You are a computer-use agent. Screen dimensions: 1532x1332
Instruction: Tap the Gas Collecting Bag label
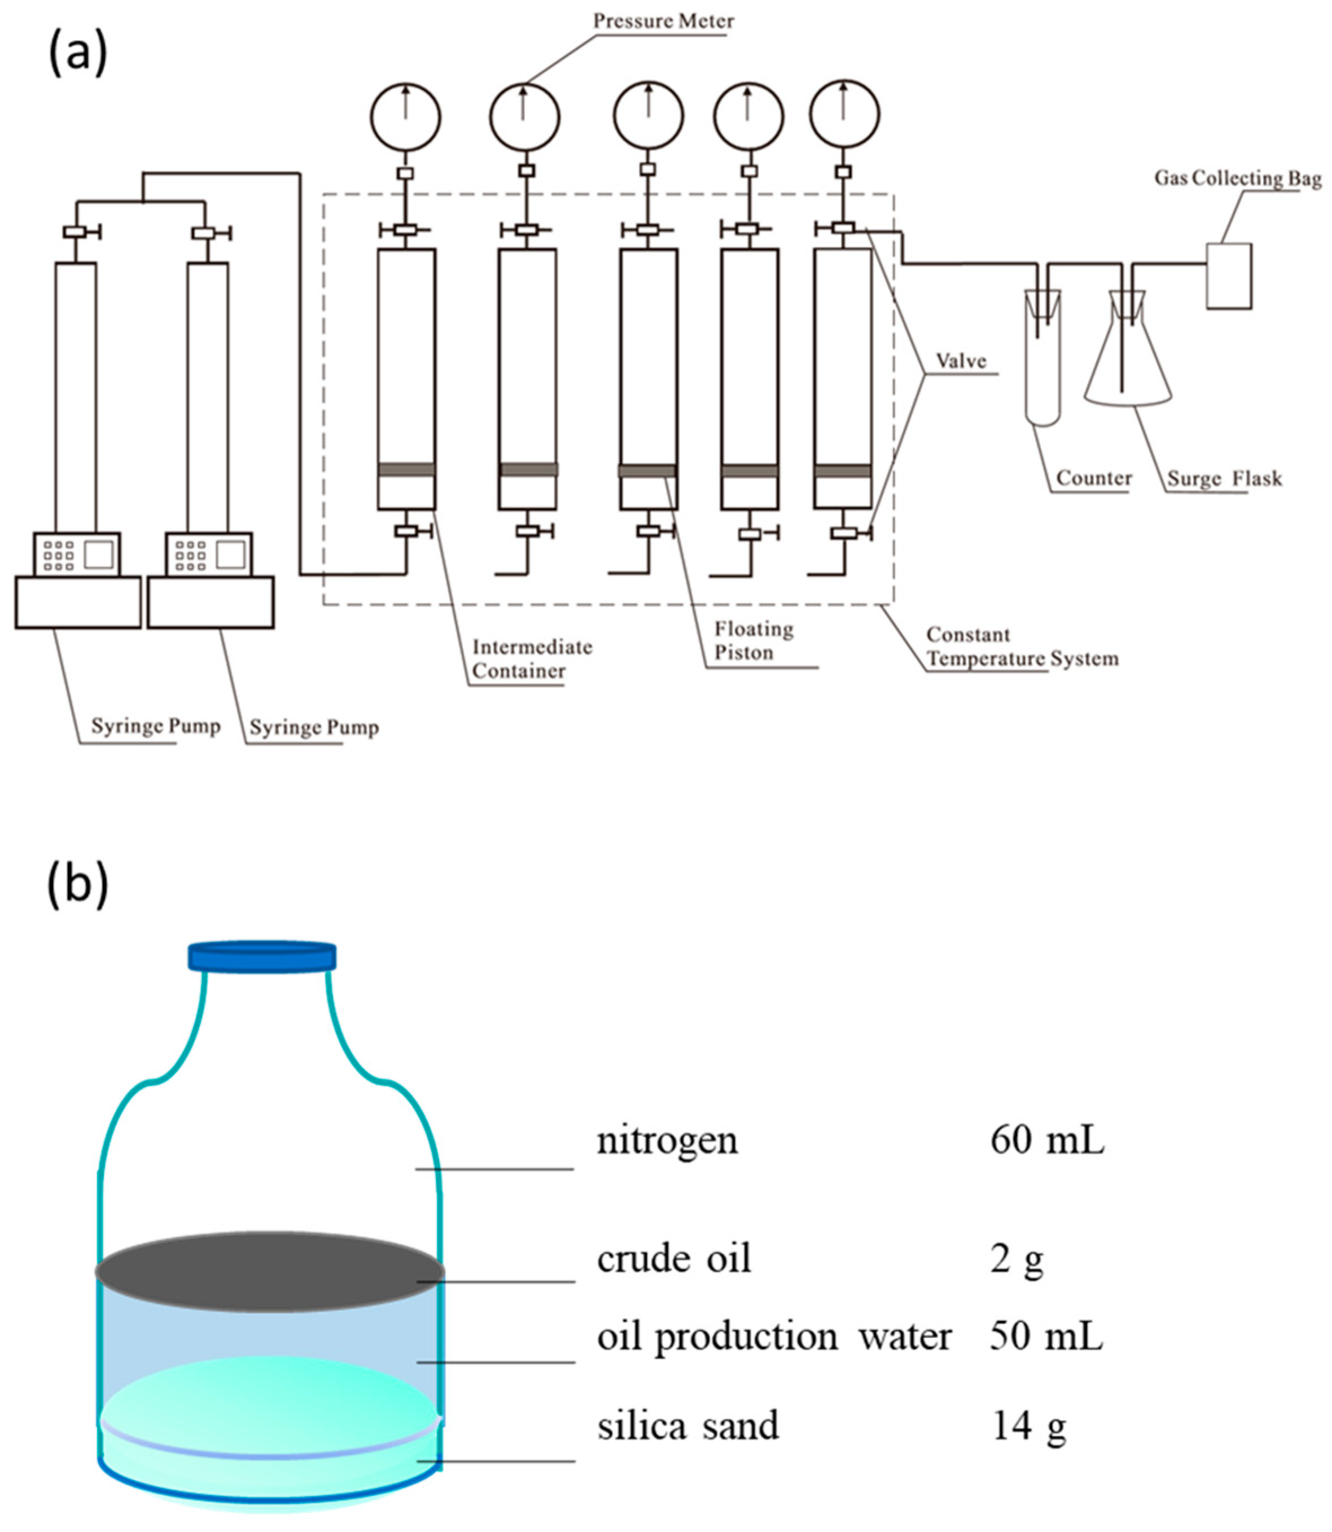(1237, 178)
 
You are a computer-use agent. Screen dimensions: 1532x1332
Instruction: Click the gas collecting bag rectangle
(1228, 276)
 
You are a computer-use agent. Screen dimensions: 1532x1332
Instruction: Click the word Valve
(961, 361)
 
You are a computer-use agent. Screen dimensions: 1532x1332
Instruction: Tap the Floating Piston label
(753, 640)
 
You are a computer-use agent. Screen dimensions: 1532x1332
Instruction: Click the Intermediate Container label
(532, 659)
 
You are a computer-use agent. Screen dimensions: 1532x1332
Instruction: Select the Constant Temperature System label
(1022, 647)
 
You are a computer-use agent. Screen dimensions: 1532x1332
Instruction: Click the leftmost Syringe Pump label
(155, 726)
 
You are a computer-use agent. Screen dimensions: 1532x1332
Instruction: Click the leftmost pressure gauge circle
(405, 117)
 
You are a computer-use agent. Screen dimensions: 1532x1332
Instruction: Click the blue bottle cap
(262, 957)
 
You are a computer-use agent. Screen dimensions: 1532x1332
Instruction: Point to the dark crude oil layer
(269, 1271)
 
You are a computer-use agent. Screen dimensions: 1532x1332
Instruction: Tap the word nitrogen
(667, 1141)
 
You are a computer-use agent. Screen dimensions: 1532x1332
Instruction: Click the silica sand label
(687, 1425)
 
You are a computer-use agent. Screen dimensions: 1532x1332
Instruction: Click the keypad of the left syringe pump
(59, 555)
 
